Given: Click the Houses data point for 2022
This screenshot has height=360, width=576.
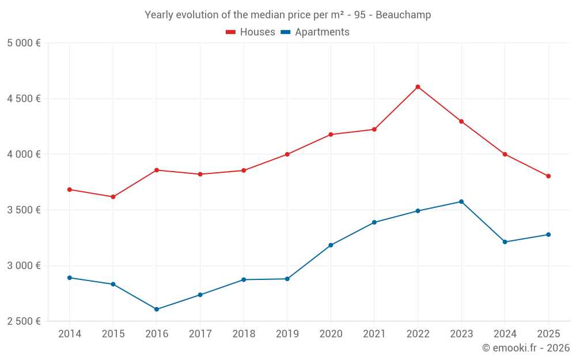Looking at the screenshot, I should (418, 87).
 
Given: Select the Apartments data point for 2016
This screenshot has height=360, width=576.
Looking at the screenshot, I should (157, 309).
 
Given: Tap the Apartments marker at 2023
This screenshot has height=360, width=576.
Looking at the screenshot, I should (461, 202).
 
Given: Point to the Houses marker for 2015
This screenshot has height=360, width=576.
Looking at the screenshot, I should (113, 197).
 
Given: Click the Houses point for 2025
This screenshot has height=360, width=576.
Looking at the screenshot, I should (548, 176).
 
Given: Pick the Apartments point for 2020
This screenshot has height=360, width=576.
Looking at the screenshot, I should (331, 245).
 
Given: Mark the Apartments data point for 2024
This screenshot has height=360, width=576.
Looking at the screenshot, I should (505, 242).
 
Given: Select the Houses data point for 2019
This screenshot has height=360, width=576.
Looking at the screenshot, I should (287, 154).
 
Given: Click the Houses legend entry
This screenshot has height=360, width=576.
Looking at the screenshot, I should (251, 32).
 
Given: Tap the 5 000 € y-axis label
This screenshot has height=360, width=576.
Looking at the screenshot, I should (24, 43).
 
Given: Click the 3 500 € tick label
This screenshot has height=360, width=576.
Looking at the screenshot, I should (24, 210).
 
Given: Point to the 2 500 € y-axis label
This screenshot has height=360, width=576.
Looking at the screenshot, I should (24, 321).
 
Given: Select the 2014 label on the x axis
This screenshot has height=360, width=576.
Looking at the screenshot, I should (70, 334).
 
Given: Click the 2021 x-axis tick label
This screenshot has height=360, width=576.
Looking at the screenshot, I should (374, 334).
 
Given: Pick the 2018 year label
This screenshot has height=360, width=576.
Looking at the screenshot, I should (244, 334).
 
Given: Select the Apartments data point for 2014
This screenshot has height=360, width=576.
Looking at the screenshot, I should (70, 278).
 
